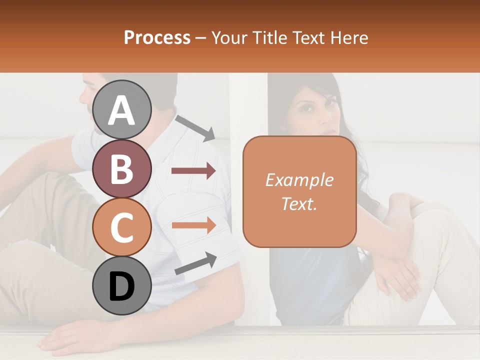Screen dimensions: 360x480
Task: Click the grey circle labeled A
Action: click(x=122, y=109)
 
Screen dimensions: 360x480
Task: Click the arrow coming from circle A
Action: click(x=195, y=128)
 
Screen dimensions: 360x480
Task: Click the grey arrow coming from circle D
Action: click(x=195, y=264)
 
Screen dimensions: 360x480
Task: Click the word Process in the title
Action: click(x=157, y=37)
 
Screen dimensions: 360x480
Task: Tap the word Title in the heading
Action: click(x=269, y=37)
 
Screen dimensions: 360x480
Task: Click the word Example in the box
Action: click(x=299, y=180)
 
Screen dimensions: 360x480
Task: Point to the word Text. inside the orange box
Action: click(x=299, y=203)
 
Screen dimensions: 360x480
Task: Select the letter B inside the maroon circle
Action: click(x=122, y=169)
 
